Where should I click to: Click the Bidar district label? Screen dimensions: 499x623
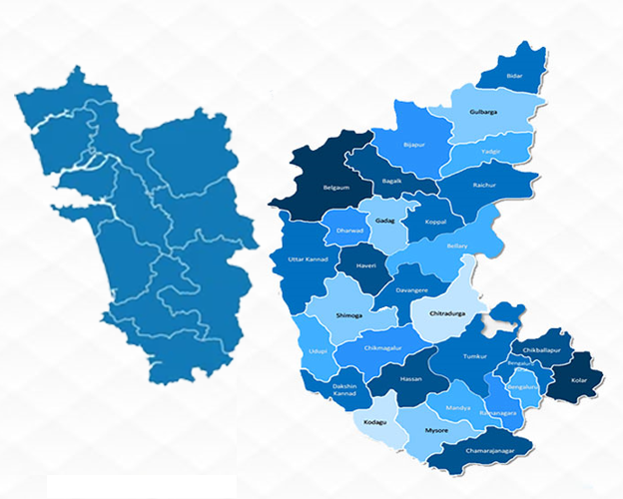point(515,76)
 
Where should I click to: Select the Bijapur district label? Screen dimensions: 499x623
point(414,146)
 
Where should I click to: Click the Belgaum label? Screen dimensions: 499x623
point(336,188)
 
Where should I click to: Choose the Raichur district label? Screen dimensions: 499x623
point(484,186)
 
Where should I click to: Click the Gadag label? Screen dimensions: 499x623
point(384,219)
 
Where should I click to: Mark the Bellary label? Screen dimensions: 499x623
point(457,244)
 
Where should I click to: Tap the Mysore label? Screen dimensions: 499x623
point(436,429)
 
